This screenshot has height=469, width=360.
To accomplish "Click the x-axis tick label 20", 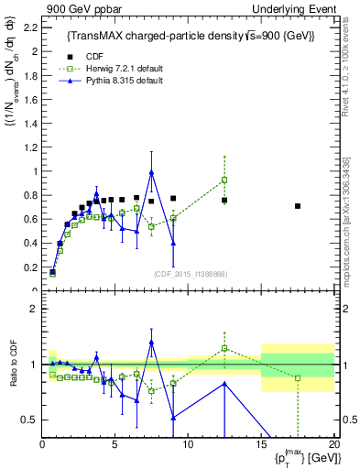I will click(333, 444).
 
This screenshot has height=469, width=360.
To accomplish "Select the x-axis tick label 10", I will click(188, 444).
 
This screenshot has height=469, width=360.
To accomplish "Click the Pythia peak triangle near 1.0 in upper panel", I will click(151, 172).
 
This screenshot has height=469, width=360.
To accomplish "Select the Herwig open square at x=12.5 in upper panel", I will click(224, 180).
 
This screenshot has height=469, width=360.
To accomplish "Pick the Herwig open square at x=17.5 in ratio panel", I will click(298, 377).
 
